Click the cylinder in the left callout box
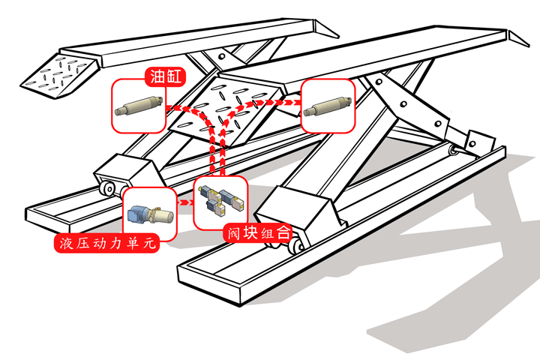click(x=139, y=106)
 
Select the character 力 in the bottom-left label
click(x=124, y=244)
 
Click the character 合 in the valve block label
click(x=283, y=233)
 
